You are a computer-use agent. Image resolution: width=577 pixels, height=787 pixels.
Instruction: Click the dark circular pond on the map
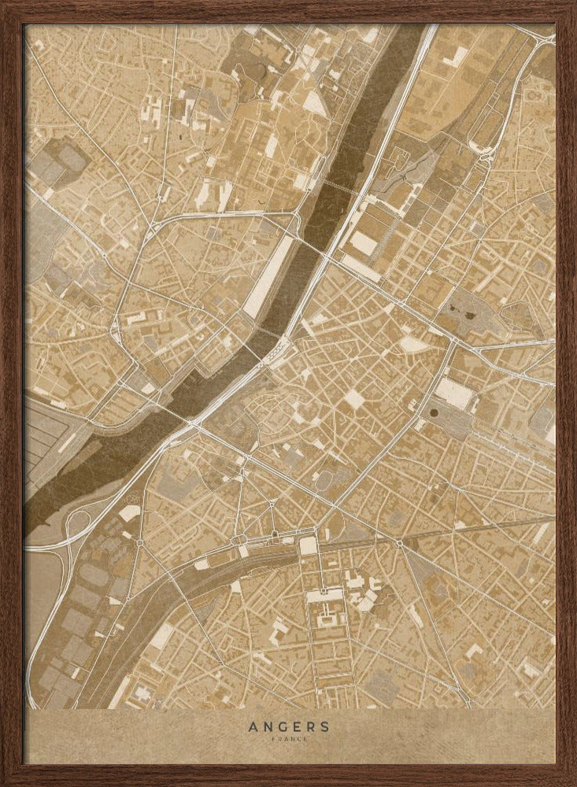coord(435,410)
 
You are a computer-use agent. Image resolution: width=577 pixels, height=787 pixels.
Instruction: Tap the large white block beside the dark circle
coord(455,391)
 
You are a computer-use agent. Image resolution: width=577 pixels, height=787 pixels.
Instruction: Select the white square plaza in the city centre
coord(355,401)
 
